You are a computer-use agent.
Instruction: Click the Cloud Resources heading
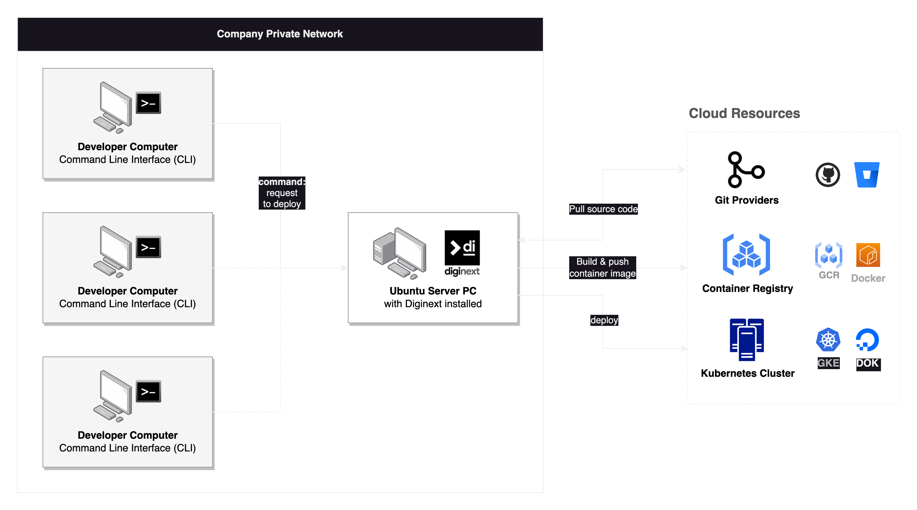(744, 113)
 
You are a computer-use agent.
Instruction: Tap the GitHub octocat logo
(828, 175)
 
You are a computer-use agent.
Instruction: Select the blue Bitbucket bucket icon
(867, 175)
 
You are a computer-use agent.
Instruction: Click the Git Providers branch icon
(745, 170)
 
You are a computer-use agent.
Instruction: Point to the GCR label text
(829, 275)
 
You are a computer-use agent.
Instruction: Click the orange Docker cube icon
(868, 255)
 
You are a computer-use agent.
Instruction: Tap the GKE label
(828, 363)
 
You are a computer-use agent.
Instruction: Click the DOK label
(868, 363)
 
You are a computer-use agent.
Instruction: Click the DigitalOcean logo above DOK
(868, 340)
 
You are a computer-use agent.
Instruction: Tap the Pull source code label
(603, 209)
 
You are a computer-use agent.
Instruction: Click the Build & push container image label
(602, 268)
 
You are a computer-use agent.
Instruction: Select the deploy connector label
(604, 320)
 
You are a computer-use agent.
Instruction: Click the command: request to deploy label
(282, 193)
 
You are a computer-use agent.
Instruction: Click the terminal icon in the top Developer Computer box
(148, 103)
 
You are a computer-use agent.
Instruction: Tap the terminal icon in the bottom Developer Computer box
(148, 391)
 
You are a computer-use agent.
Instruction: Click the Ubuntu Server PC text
(433, 291)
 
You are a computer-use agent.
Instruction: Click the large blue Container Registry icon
(746, 255)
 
